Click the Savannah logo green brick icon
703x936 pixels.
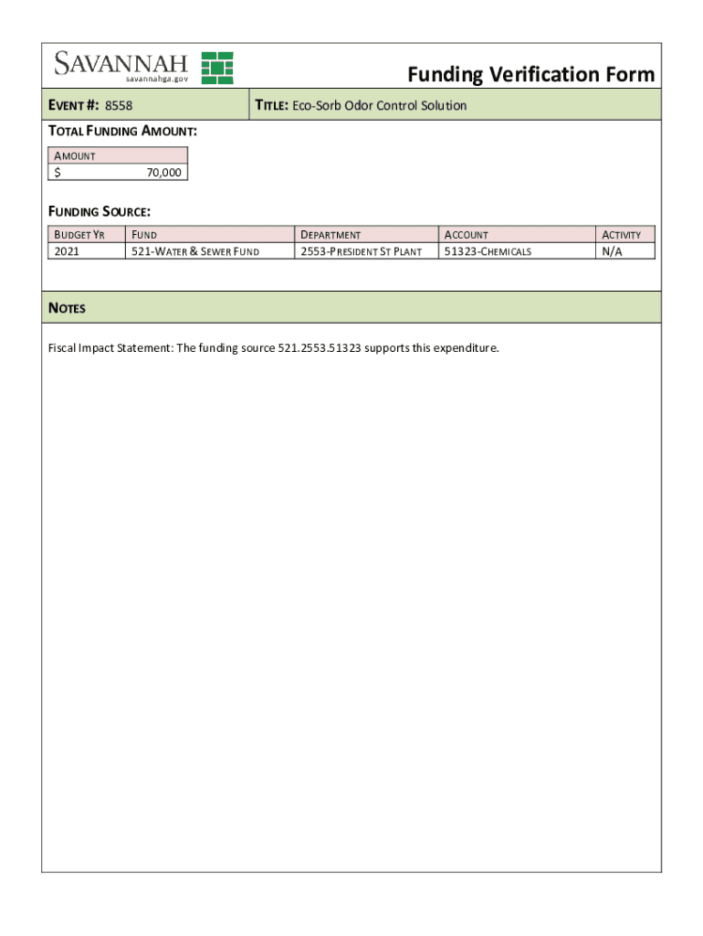(217, 68)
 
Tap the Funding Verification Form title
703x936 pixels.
(530, 74)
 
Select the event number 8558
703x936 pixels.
(119, 106)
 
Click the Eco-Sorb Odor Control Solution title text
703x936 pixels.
(379, 106)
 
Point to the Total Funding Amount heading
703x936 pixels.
(122, 132)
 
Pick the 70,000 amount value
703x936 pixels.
(163, 172)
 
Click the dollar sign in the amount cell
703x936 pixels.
(58, 172)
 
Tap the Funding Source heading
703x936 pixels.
(99, 212)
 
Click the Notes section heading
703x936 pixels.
(67, 308)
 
